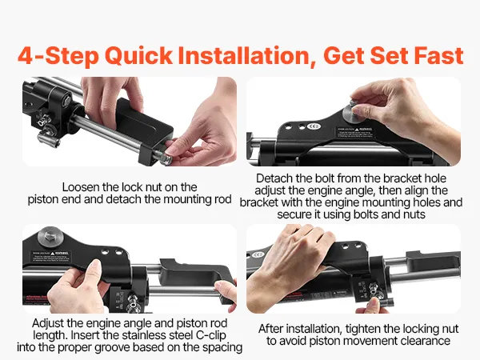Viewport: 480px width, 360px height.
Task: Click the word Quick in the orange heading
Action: click(138, 56)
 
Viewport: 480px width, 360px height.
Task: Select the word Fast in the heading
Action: click(438, 55)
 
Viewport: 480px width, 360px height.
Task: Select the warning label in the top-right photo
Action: click(354, 132)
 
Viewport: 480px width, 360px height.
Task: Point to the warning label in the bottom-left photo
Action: click(51, 257)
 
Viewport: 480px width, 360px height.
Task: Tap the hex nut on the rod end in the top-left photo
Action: click(165, 158)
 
